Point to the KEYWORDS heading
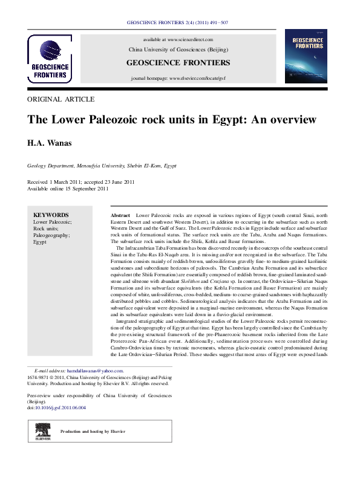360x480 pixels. [x=51, y=215]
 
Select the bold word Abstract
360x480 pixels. [x=121, y=215]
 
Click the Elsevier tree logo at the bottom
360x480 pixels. [x=43, y=431]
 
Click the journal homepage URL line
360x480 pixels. [x=178, y=79]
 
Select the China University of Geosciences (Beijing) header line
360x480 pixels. [x=178, y=49]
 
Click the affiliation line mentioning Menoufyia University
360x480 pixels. [x=102, y=165]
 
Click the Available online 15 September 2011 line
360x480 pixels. [x=68, y=189]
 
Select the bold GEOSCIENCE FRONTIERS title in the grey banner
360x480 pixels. [x=178, y=63]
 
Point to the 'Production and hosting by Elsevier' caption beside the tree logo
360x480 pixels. [x=92, y=431]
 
